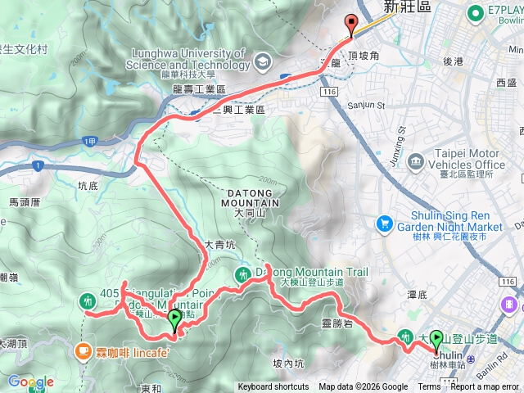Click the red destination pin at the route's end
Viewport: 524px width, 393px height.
(x=352, y=25)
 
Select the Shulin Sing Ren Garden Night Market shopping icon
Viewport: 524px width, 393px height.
(x=384, y=223)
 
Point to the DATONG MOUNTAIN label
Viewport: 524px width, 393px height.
(x=249, y=196)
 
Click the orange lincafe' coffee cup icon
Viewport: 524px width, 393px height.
(x=82, y=351)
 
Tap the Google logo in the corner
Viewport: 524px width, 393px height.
(x=30, y=382)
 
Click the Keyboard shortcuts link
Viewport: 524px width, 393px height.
(x=273, y=387)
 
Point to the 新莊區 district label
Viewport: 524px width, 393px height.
(x=406, y=7)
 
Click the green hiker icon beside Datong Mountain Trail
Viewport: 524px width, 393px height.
(x=242, y=275)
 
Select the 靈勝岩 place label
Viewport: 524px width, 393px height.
(x=337, y=324)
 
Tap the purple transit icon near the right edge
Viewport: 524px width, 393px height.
(x=510, y=305)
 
